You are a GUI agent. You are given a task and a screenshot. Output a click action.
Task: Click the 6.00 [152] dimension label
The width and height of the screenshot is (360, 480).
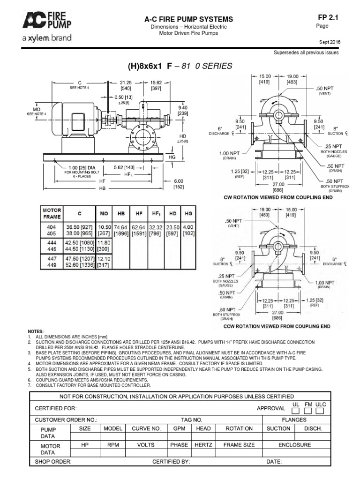[x=178, y=184]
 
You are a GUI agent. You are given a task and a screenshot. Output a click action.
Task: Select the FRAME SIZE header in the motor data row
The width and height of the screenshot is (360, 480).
[x=239, y=445]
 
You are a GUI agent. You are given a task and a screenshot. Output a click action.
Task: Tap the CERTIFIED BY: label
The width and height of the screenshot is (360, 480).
[x=171, y=462]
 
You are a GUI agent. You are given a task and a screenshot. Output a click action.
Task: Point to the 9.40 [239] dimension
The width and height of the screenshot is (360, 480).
[x=182, y=110]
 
